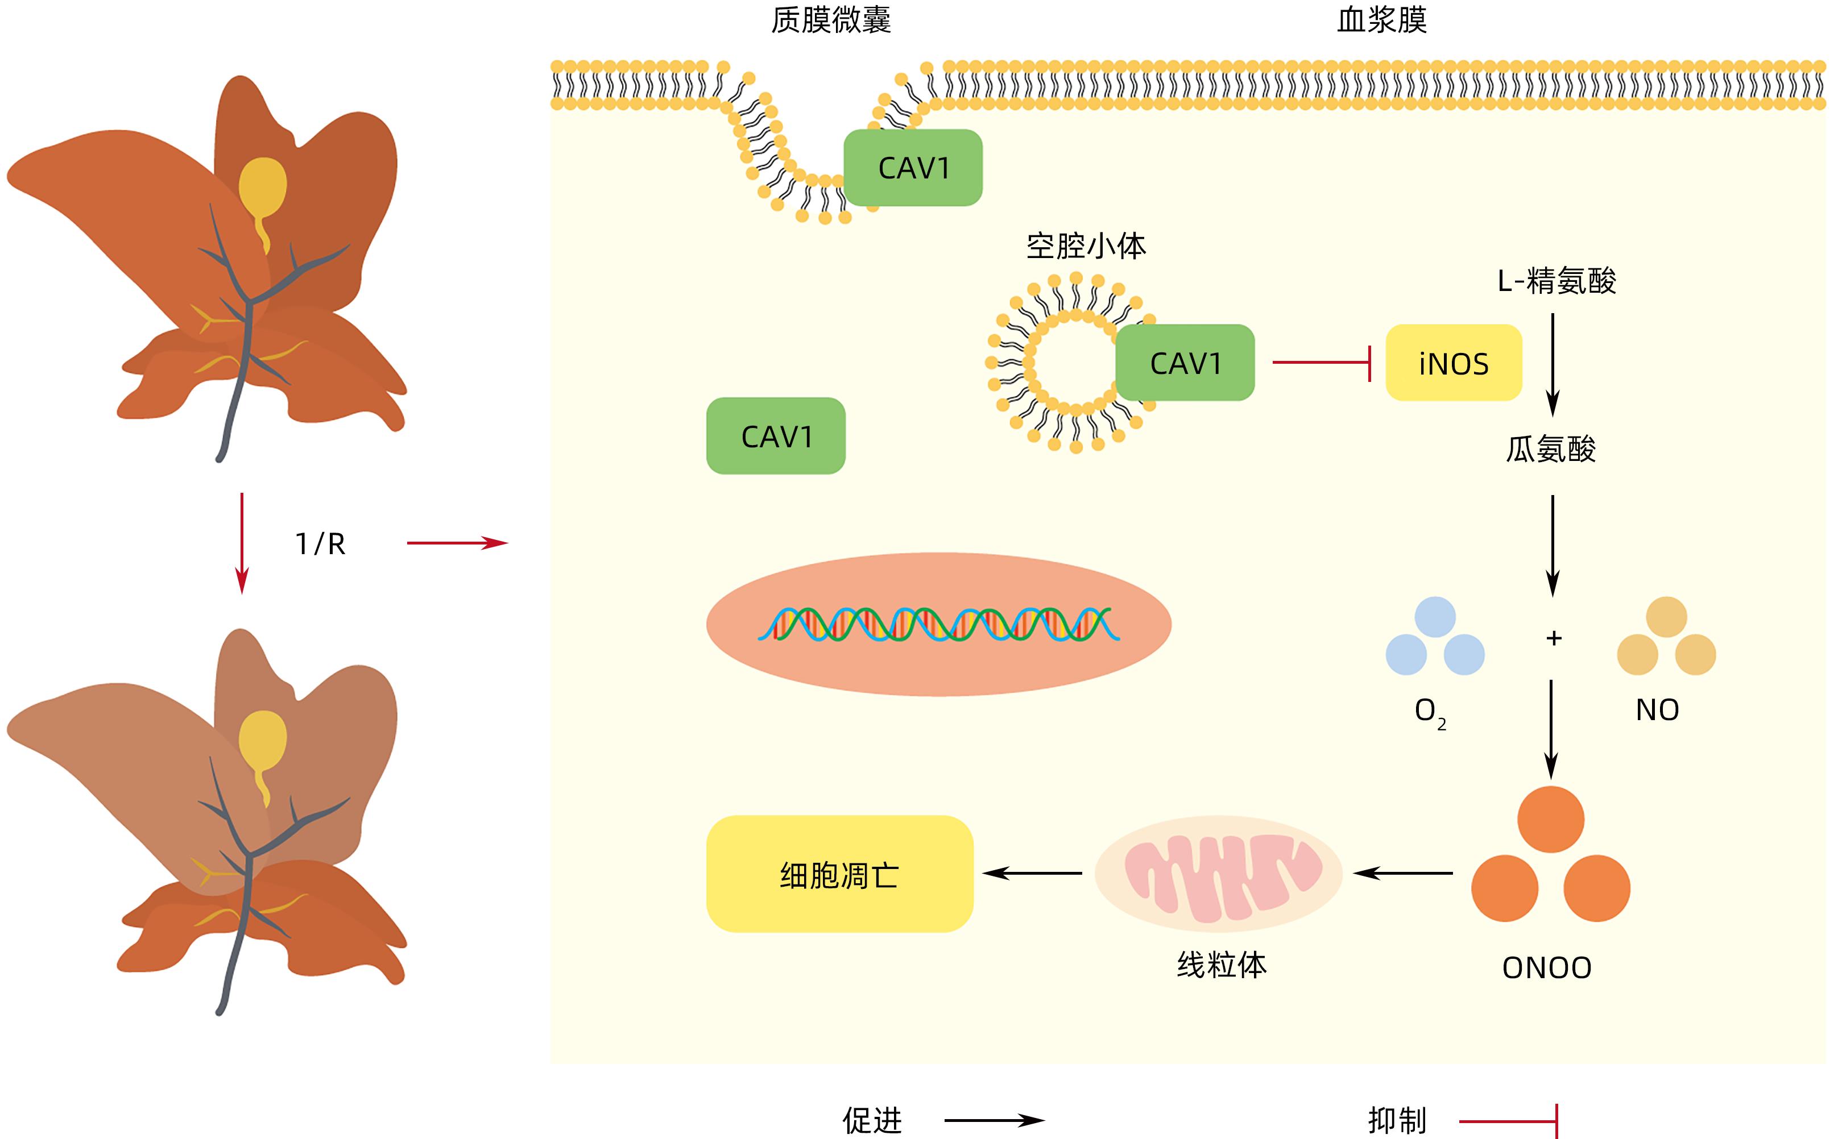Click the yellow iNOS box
(1453, 363)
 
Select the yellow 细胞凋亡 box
(839, 874)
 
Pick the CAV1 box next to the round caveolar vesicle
(1185, 363)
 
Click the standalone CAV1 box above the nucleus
(776, 436)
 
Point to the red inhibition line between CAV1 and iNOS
(1320, 363)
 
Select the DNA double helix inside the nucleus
(938, 623)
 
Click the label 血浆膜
(1381, 20)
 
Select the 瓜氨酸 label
(1551, 450)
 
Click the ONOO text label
(1546, 968)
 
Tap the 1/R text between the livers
(320, 544)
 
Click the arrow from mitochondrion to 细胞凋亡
(1032, 873)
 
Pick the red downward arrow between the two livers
(242, 542)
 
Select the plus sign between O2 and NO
(1553, 638)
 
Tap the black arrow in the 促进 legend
(993, 1120)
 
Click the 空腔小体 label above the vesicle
(1086, 246)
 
